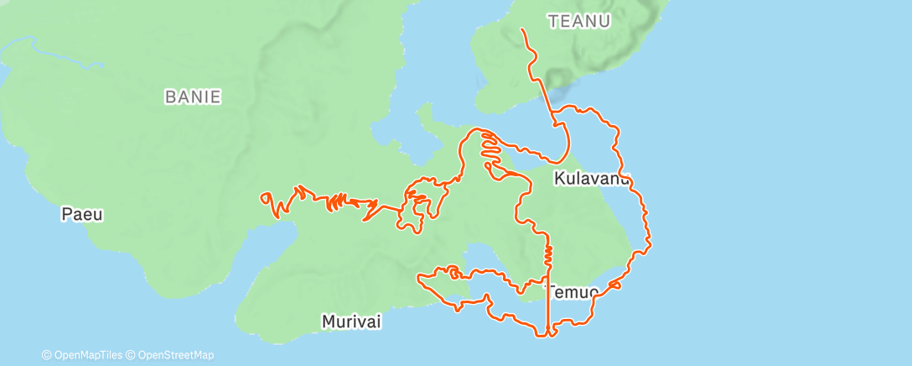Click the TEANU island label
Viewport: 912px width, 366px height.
(x=578, y=22)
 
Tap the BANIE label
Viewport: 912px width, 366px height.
(x=193, y=97)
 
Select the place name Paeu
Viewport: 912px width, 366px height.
(x=82, y=214)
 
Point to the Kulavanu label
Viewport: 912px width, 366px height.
(x=591, y=179)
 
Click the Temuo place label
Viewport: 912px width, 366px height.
(x=573, y=292)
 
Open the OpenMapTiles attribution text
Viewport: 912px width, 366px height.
(x=85, y=355)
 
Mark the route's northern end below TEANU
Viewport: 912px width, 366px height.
(x=523, y=30)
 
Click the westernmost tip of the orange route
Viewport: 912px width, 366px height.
(x=262, y=198)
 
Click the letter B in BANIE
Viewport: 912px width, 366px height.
(x=168, y=97)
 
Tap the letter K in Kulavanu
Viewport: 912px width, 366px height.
(x=558, y=179)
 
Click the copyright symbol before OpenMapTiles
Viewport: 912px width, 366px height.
(x=47, y=355)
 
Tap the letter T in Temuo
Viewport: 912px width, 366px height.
(x=552, y=292)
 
